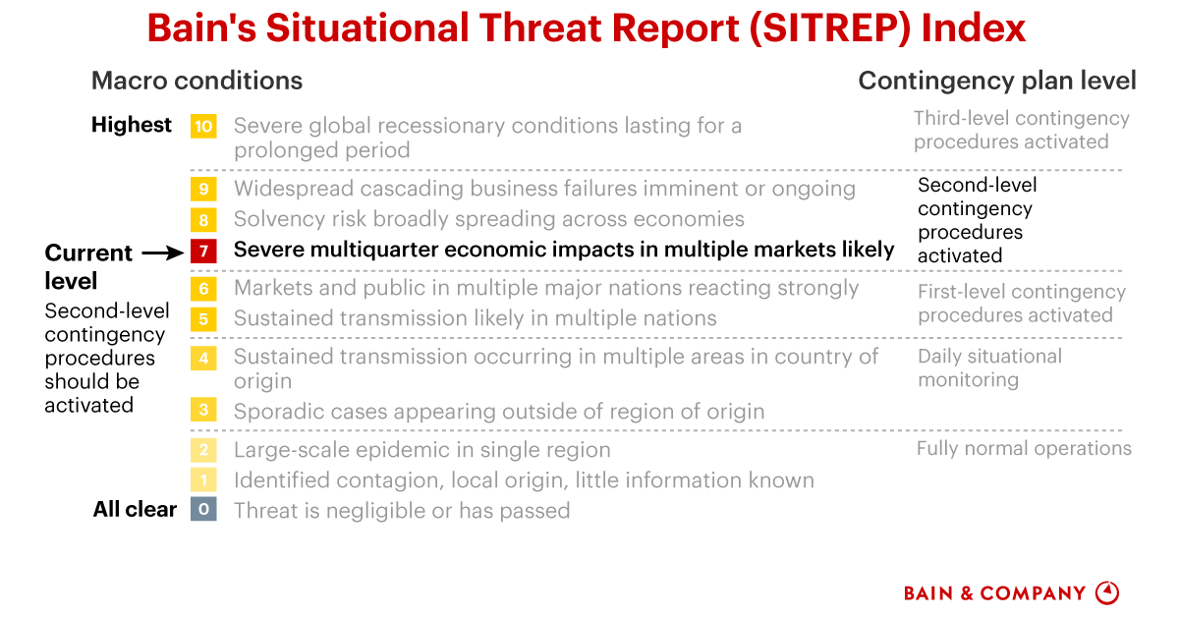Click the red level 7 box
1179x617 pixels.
[203, 251]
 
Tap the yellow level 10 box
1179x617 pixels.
[203, 127]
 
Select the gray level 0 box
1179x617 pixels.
[203, 509]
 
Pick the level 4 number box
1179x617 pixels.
[203, 358]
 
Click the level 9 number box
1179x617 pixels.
[203, 189]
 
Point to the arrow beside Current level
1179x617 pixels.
[163, 253]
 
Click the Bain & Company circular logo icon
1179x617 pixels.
[1107, 593]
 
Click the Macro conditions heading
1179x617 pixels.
[196, 81]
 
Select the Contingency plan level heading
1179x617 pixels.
[997, 81]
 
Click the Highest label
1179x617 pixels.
[132, 125]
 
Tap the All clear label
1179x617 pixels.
[135, 509]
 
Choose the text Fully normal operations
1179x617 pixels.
[1024, 449]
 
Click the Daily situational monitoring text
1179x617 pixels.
[989, 368]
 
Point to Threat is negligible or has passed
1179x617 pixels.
[402, 511]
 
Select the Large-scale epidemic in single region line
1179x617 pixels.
[422, 450]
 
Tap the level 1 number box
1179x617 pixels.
[203, 479]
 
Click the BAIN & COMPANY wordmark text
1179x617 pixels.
[994, 593]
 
